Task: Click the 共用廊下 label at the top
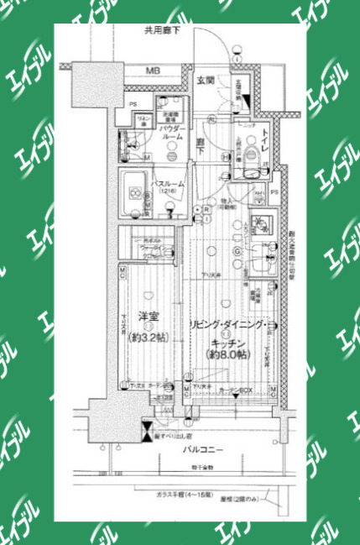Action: click(161, 31)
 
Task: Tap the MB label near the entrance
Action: click(153, 71)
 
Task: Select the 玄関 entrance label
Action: click(206, 81)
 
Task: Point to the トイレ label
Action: click(262, 136)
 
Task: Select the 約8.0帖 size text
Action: click(227, 356)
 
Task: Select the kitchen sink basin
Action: click(261, 225)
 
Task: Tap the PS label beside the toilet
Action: click(274, 192)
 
